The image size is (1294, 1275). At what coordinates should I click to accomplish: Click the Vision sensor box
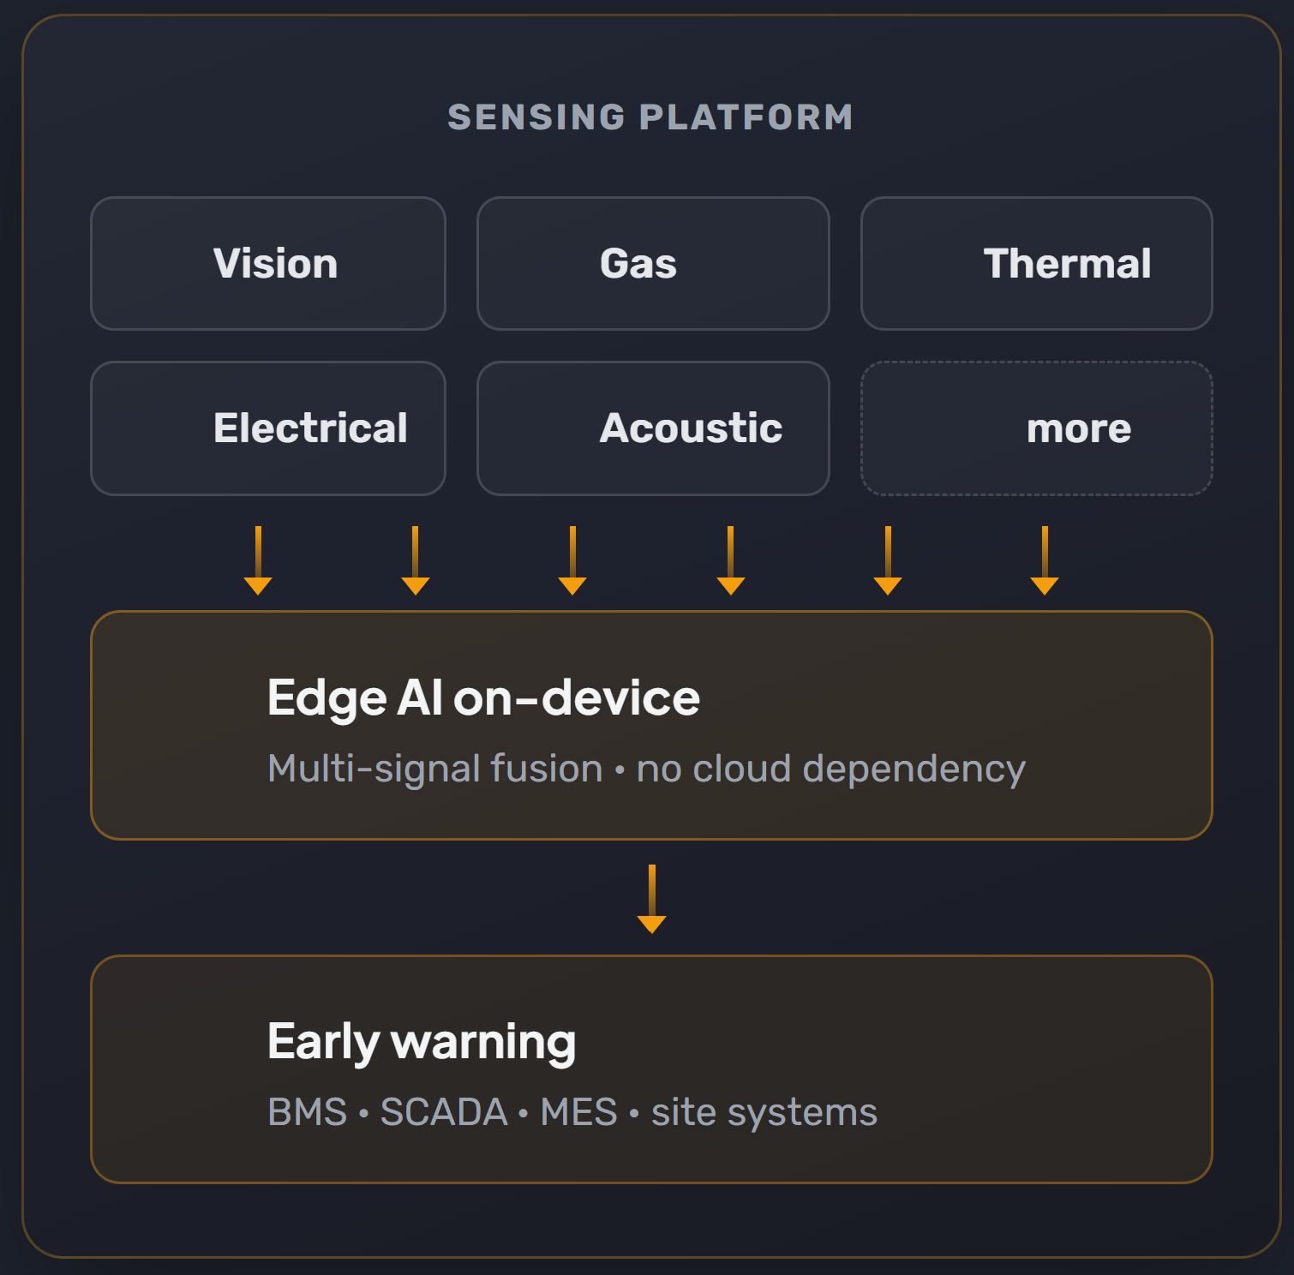pos(268,263)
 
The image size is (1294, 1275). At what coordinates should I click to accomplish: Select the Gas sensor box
pos(653,263)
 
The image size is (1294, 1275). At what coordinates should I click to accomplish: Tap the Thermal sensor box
pos(1037,263)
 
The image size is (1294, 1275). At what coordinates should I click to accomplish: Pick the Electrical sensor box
pos(268,428)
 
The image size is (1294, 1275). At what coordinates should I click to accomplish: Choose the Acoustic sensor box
pos(653,428)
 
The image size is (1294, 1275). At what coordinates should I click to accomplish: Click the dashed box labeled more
pos(1037,428)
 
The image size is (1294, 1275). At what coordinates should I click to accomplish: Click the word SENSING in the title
pos(536,117)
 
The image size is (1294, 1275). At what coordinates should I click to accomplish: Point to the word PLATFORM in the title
pos(746,117)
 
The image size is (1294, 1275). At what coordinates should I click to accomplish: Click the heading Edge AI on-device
pos(483,698)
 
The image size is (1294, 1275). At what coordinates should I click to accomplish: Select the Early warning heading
pos(422,1043)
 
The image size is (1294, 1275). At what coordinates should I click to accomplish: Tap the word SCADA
pos(444,1112)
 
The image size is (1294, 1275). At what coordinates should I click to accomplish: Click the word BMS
pos(307,1112)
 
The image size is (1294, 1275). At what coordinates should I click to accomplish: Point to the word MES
pos(578,1112)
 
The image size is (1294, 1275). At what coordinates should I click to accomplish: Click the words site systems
pos(764,1113)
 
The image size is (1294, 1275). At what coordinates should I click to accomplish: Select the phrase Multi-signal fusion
pos(435,769)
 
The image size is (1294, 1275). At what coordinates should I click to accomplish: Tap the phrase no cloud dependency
pos(830,769)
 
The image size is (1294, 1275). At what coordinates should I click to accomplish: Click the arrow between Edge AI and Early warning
pos(652,899)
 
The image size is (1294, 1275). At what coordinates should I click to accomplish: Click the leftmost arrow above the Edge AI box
pos(258,560)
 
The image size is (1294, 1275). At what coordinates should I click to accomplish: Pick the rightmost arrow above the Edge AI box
pos(1045,560)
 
